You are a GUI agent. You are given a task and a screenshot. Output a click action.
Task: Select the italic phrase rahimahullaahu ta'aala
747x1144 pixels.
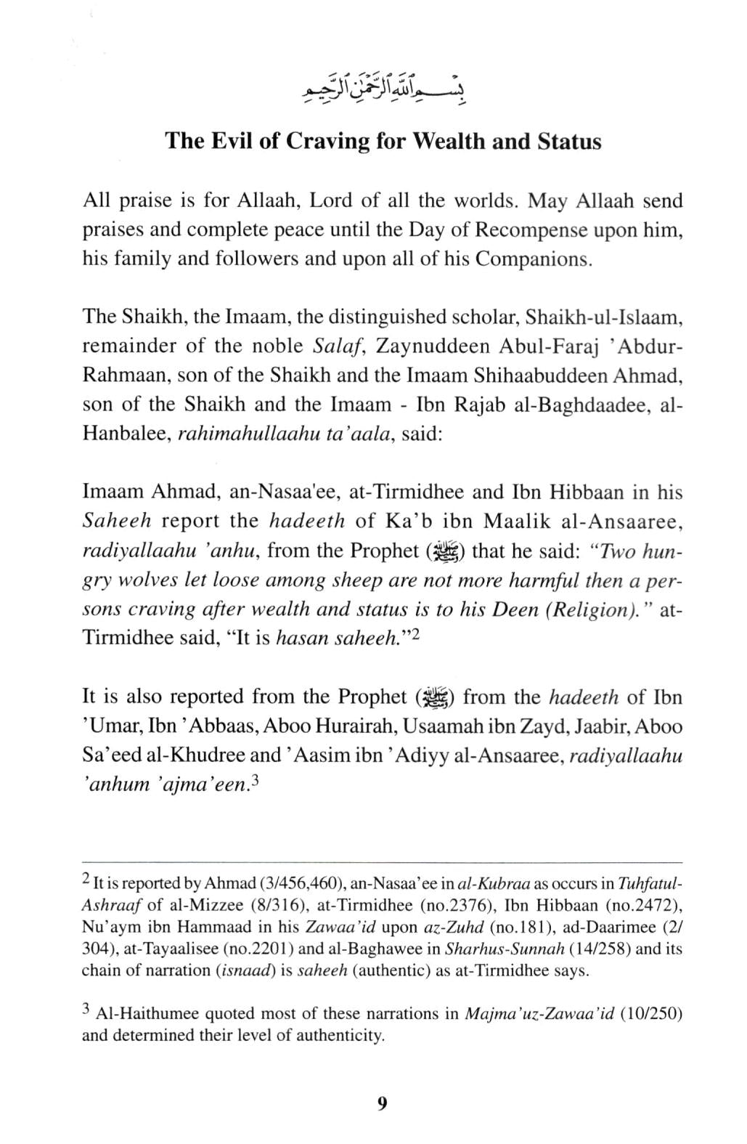279,434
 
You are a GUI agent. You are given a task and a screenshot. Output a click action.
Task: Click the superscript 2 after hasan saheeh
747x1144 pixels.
416,633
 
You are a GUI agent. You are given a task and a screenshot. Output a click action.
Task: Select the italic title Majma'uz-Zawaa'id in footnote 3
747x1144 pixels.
539,1014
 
